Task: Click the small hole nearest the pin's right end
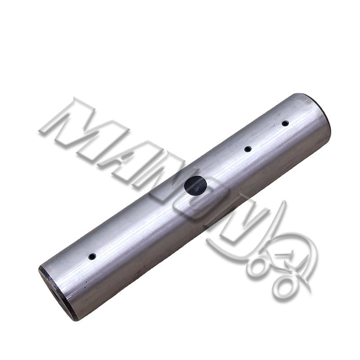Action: point(285,123)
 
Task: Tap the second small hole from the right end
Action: point(247,149)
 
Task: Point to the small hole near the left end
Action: point(92,256)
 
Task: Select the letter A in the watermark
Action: point(129,161)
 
